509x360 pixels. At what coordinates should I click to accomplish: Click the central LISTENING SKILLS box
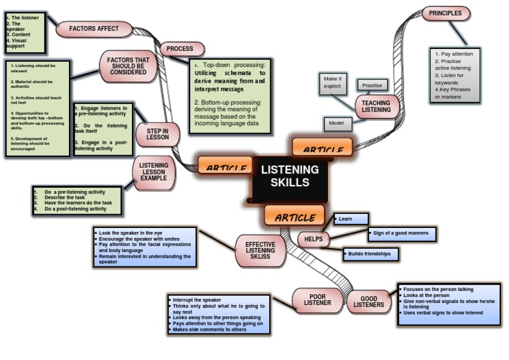(290, 176)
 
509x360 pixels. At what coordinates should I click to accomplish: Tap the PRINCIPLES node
(445, 13)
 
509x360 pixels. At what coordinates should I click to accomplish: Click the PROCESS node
(181, 49)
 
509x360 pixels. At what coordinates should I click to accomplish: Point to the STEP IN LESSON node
(158, 134)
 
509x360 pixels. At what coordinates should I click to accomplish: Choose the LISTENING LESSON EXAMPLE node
(154, 173)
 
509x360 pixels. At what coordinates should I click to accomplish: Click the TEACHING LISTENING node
(376, 105)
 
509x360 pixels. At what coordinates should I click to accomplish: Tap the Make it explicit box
(333, 83)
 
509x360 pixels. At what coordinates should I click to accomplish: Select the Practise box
(372, 86)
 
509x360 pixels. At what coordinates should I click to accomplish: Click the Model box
(337, 123)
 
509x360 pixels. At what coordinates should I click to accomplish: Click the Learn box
(351, 219)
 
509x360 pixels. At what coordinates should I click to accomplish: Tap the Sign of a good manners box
(402, 233)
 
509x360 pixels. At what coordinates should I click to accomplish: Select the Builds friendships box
(370, 253)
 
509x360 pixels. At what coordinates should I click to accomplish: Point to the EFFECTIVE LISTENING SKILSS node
(260, 251)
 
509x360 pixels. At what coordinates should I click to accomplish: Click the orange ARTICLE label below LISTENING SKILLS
(294, 216)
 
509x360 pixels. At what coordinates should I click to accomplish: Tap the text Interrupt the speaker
(196, 300)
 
